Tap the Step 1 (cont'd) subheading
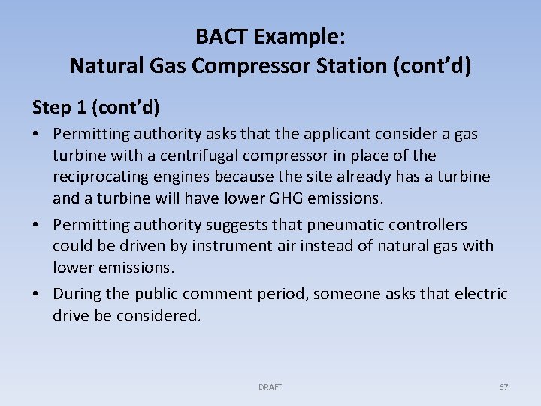coord(95,107)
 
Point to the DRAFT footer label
coord(270,387)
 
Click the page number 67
coord(503,387)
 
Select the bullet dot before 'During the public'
coord(38,294)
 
